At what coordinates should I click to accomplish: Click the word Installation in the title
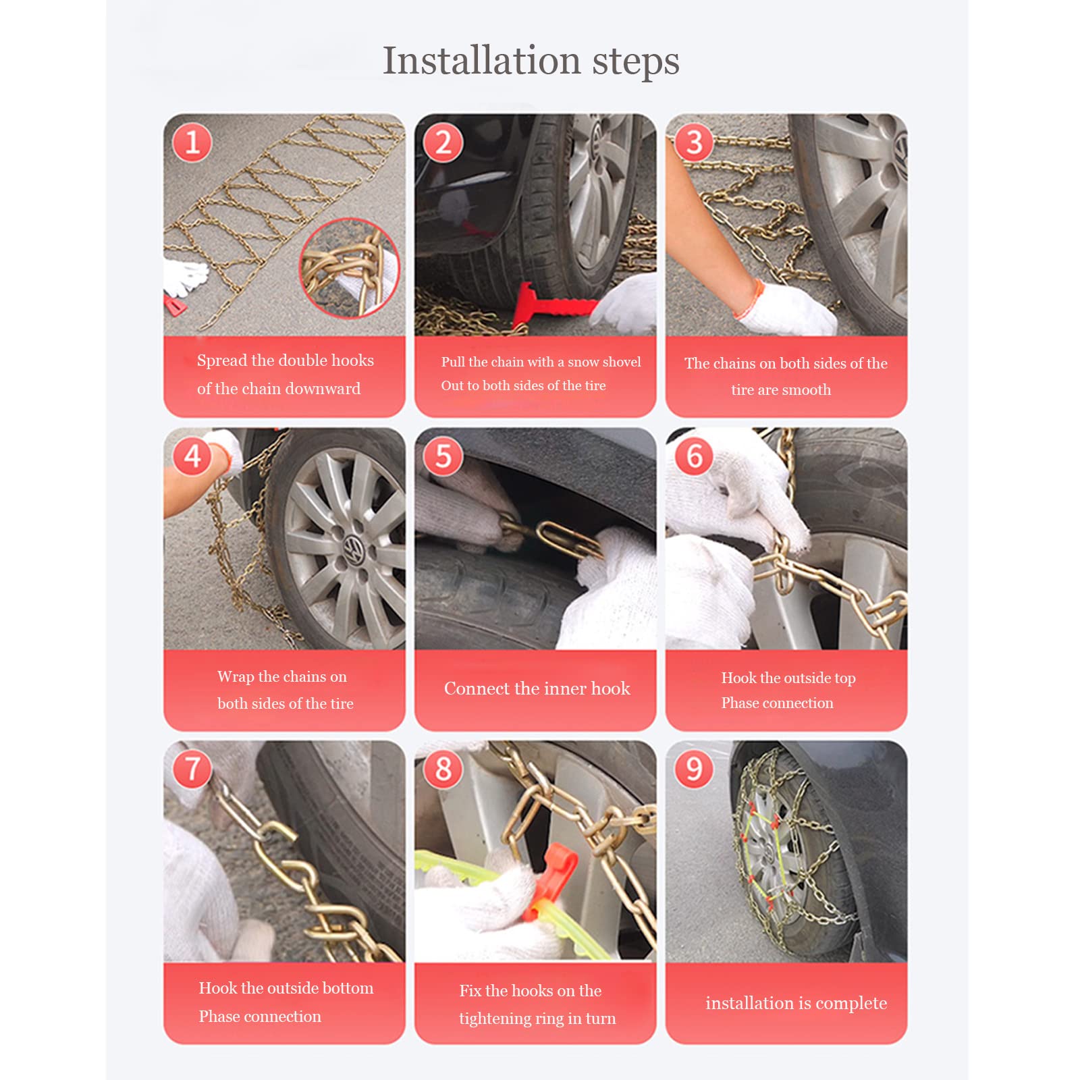(x=481, y=61)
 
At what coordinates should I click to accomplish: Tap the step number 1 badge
(x=192, y=143)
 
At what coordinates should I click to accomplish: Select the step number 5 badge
(x=443, y=456)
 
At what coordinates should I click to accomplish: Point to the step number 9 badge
(x=695, y=769)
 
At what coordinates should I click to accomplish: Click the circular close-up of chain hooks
(x=350, y=268)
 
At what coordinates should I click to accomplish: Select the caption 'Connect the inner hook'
(x=537, y=688)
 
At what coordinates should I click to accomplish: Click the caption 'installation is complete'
(x=796, y=1003)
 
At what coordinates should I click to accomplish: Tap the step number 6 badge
(x=695, y=456)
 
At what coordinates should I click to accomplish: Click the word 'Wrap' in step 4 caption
(x=236, y=677)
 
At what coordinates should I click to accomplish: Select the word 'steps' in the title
(x=636, y=62)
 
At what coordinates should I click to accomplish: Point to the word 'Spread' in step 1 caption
(x=222, y=361)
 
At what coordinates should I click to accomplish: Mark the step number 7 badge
(x=192, y=769)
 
